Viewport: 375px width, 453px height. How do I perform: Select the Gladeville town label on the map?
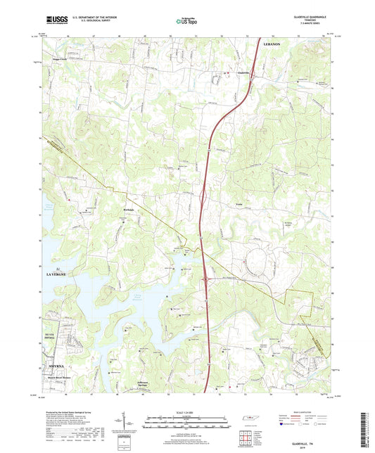(x=241, y=72)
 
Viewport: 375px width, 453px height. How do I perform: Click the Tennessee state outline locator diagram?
(x=250, y=420)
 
